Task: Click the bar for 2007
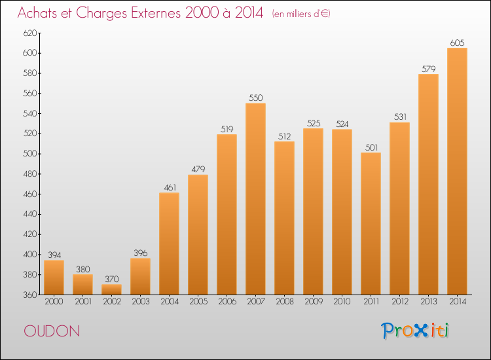255,199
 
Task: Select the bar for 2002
111,289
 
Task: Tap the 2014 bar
457,171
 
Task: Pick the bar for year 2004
169,243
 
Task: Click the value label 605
457,43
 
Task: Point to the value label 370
112,279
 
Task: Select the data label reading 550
255,98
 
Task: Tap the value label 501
371,147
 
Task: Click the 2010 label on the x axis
342,302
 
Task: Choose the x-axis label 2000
54,302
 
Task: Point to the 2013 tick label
428,302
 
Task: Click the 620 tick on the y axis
29,33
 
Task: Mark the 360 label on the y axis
29,295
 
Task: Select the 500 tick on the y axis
29,154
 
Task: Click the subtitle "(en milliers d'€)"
301,14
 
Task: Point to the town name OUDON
52,331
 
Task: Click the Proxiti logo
415,331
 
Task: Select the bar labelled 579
428,185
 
